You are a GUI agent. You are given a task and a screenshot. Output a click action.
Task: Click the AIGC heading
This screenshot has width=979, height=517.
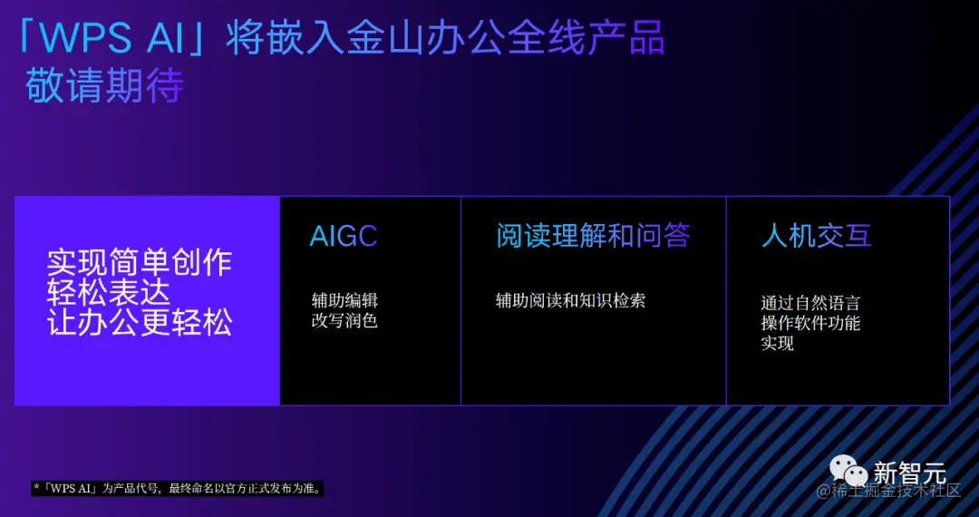[x=344, y=237]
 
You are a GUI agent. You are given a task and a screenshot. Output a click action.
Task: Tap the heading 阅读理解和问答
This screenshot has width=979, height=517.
[x=593, y=236]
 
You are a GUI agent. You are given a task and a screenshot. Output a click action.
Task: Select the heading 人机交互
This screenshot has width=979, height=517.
[x=817, y=236]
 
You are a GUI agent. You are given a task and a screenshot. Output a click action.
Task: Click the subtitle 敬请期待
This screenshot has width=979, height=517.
[x=105, y=85]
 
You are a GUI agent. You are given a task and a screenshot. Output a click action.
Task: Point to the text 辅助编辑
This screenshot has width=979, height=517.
[x=344, y=300]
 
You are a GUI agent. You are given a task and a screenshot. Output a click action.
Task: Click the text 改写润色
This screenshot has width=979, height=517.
[x=344, y=320]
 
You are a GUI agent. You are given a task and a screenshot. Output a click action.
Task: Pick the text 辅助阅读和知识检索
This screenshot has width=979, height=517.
[x=570, y=300]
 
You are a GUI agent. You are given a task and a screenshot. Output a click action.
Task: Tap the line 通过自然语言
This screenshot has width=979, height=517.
[x=810, y=303]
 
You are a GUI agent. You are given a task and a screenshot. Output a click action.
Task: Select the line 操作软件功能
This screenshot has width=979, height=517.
[x=810, y=323]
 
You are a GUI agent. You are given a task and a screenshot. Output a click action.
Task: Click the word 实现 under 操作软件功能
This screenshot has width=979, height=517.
[x=778, y=343]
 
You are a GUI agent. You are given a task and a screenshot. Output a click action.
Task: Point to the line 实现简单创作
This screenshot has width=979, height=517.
[x=140, y=263]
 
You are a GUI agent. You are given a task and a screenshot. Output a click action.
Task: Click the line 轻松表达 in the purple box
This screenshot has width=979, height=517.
[x=109, y=292]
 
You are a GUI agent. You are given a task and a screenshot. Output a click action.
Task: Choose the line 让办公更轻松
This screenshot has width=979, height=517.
[x=140, y=322]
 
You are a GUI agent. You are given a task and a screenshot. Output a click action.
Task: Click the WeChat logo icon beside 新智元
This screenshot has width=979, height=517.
[x=848, y=470]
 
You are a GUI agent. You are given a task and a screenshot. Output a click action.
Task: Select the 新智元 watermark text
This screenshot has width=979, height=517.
[x=909, y=473]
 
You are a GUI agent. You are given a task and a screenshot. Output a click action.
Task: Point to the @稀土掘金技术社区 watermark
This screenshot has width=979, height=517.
[x=888, y=491]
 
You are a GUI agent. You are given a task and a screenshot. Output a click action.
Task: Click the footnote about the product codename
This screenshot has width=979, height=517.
[x=178, y=489]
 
